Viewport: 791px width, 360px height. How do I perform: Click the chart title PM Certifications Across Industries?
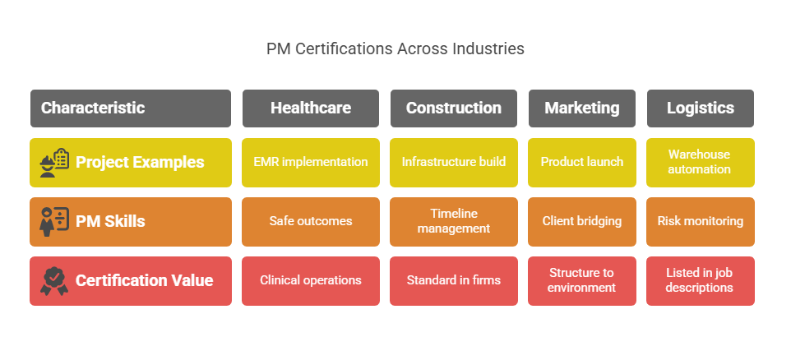(x=395, y=49)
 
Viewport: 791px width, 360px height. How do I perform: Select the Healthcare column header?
(x=311, y=108)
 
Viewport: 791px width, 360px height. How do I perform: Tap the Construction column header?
(x=453, y=108)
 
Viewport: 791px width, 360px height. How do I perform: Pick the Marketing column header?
(x=581, y=108)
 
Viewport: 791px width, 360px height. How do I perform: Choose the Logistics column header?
(x=700, y=108)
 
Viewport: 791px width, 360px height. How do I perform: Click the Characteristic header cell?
(x=131, y=108)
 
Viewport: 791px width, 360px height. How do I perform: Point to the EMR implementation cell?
(x=311, y=162)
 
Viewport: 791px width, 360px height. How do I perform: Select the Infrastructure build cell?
(x=453, y=162)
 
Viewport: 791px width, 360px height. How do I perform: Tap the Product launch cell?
(x=581, y=162)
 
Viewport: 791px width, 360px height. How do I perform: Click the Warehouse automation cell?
(x=700, y=162)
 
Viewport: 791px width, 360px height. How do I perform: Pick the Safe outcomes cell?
(x=311, y=221)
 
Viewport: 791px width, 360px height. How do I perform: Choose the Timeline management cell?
(x=453, y=221)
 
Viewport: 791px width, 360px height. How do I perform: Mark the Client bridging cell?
(x=581, y=221)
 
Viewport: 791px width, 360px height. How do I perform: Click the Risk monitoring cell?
(x=700, y=221)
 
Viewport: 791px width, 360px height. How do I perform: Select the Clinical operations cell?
(x=311, y=280)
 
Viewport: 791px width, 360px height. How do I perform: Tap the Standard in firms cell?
(x=453, y=280)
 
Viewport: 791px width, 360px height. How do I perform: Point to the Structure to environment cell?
(x=581, y=280)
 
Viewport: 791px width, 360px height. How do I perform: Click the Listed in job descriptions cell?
(x=700, y=280)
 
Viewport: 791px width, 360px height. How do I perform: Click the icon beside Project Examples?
(x=54, y=163)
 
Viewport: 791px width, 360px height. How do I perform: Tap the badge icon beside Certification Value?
(x=54, y=281)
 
